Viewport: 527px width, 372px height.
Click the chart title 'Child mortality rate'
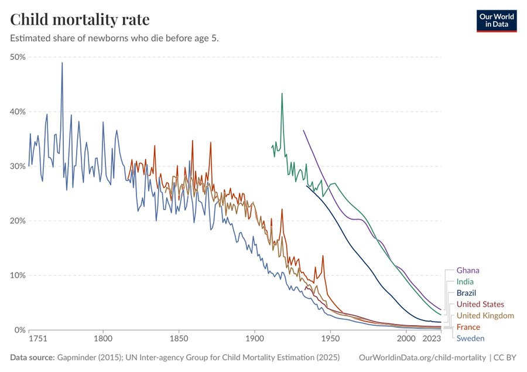coord(80,19)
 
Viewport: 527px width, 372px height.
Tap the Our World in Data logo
coord(497,20)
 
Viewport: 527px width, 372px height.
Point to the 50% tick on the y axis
coord(18,57)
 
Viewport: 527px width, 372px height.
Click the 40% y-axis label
coord(18,111)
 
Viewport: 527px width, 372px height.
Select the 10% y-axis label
coord(18,275)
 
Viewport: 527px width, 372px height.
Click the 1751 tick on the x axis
coord(38,339)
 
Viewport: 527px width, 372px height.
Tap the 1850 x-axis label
coord(179,339)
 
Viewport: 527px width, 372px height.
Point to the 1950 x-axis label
coord(330,339)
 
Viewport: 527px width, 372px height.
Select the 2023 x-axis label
coord(432,339)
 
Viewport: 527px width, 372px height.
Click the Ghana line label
coord(468,271)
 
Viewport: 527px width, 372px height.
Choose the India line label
coord(466,282)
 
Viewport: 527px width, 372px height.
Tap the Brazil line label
coord(466,293)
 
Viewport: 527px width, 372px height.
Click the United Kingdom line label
coord(485,316)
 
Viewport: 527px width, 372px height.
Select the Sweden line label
coord(470,339)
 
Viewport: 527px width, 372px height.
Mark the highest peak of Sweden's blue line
coord(62,63)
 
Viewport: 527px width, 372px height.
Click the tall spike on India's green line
coord(282,93)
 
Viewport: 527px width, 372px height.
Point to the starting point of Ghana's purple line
coord(303,130)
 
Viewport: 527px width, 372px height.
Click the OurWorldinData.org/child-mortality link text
coord(422,357)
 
